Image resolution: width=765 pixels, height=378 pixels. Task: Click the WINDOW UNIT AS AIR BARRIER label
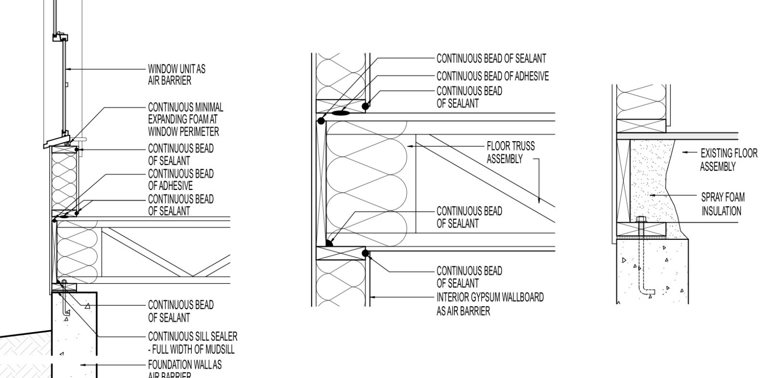[x=177, y=75]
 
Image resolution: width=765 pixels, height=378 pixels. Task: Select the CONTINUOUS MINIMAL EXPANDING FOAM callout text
[x=185, y=120]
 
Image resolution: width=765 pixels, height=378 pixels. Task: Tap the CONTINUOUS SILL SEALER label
[x=193, y=343]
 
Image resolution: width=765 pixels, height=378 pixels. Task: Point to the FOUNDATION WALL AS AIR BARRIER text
[x=185, y=369]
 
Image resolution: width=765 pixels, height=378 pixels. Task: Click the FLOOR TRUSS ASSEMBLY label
[x=510, y=152]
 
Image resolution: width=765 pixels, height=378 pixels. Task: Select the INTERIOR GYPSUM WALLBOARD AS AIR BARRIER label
[x=490, y=304]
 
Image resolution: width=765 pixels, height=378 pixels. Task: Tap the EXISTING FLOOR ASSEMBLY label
[x=728, y=160]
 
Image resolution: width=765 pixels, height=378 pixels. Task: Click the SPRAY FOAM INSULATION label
[x=723, y=204]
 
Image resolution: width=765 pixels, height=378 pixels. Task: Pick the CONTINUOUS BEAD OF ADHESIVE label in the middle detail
[x=492, y=76]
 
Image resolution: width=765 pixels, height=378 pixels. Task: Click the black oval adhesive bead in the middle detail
[x=341, y=113]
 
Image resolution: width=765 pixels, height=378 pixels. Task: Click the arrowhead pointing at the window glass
[x=68, y=69]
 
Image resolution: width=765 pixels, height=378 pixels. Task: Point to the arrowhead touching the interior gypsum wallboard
[x=373, y=297]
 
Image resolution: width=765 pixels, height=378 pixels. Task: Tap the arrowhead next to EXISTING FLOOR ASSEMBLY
[x=685, y=152]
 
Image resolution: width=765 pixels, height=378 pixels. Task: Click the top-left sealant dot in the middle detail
[x=321, y=121]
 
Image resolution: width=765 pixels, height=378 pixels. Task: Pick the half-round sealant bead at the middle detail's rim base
[x=329, y=243]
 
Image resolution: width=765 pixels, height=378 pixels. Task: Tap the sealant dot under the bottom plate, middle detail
[x=365, y=253]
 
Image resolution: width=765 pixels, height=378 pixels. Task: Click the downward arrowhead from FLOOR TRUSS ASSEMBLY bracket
[x=539, y=200]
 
